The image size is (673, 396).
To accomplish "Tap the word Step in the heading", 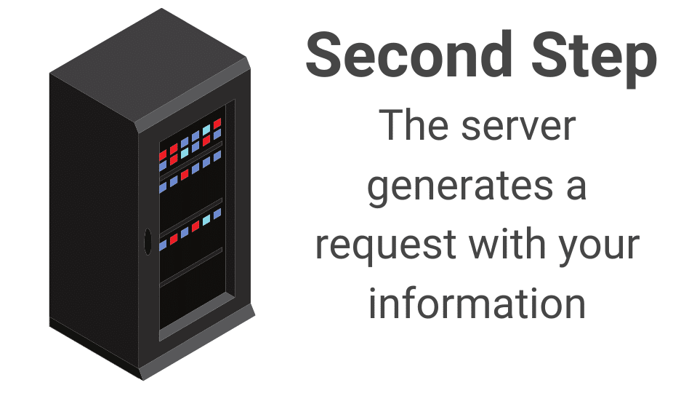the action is tap(594, 59).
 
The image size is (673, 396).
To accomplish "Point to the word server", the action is tap(518, 127).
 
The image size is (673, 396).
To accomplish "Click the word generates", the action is tap(461, 189).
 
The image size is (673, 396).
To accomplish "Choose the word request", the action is tap(385, 247).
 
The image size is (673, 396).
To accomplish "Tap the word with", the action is tap(507, 243).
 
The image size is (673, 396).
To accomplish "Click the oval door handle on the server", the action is tap(148, 242).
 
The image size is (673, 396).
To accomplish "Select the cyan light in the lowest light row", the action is tap(206, 220).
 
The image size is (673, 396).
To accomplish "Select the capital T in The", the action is tap(392, 124).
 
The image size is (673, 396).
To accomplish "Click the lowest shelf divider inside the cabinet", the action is tap(191, 267).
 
